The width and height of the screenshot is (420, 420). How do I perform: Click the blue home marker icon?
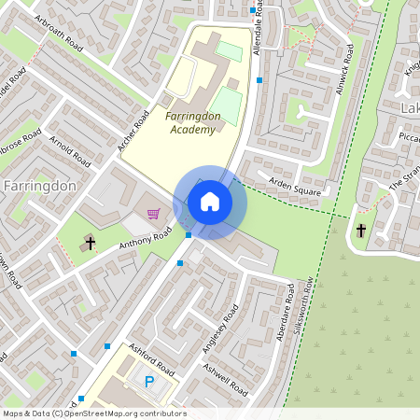tap(210, 202)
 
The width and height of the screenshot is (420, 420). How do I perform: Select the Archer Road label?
tap(134, 133)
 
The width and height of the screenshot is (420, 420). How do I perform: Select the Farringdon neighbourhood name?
tap(39, 186)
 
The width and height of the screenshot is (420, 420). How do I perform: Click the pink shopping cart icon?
tap(153, 214)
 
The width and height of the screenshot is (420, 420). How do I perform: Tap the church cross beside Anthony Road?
tap(91, 244)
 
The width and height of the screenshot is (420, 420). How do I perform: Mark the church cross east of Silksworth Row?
tap(361, 229)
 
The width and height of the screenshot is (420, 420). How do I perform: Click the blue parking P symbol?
tap(148, 381)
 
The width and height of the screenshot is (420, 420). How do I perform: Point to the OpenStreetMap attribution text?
tap(94, 413)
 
